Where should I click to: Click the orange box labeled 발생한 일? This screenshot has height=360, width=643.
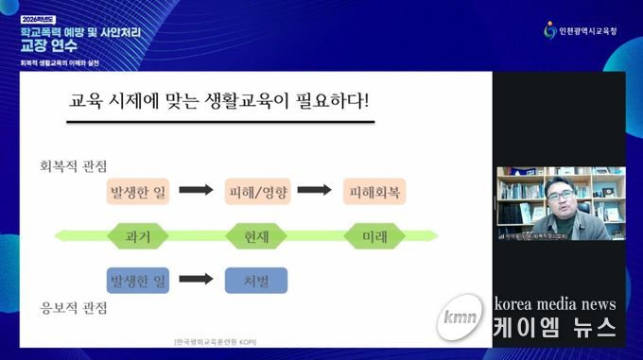click(x=139, y=190)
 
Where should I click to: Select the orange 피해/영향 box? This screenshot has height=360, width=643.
click(x=256, y=190)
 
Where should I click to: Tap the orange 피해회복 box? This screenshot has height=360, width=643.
click(x=374, y=190)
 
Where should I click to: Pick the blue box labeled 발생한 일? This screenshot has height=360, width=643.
click(x=138, y=281)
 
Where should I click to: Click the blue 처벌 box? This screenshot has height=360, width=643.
click(x=255, y=281)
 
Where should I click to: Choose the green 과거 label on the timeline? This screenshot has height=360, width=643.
click(x=138, y=235)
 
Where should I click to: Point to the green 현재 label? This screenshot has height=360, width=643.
click(x=256, y=235)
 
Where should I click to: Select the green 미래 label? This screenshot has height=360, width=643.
click(x=374, y=235)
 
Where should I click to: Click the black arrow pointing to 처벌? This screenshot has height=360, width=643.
click(x=197, y=281)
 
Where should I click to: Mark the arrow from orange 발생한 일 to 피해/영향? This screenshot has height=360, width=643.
click(x=197, y=190)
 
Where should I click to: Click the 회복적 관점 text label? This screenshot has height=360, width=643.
click(x=72, y=164)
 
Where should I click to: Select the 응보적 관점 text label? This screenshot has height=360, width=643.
click(x=72, y=308)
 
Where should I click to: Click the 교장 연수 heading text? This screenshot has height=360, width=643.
click(x=48, y=44)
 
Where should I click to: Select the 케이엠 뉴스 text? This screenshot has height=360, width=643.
click(x=556, y=329)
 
